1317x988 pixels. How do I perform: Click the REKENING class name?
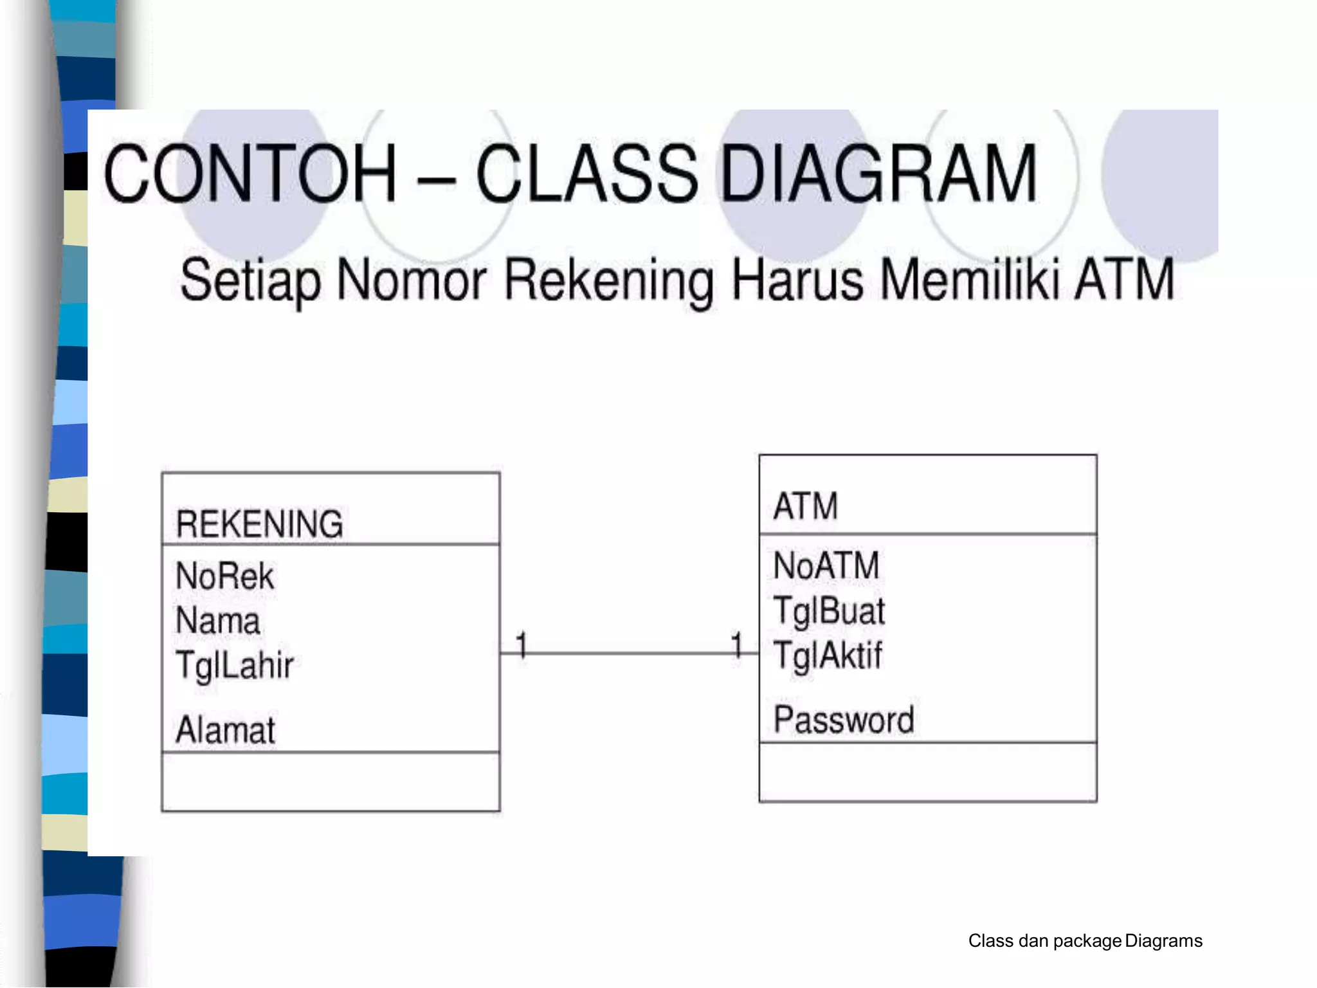click(x=259, y=524)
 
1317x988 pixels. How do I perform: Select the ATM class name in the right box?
click(x=806, y=506)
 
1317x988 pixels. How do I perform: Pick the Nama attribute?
click(x=218, y=621)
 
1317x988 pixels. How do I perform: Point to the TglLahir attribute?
click(x=235, y=665)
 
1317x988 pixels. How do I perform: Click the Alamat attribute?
click(x=225, y=730)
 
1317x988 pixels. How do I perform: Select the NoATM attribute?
click(x=826, y=565)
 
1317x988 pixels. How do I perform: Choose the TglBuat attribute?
click(x=829, y=610)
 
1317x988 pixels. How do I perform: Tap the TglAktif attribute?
click(x=828, y=655)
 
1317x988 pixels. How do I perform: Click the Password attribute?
click(x=844, y=719)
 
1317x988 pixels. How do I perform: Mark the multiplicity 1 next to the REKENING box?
click(x=522, y=645)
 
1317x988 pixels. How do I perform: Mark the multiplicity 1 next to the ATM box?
click(x=737, y=645)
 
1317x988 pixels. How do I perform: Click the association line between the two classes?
click(x=629, y=654)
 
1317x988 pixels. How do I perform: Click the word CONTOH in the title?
click(x=250, y=174)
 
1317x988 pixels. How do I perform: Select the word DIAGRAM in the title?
click(x=878, y=174)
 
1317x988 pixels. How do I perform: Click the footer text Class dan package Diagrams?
click(x=1085, y=941)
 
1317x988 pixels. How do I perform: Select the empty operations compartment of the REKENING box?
click(x=331, y=782)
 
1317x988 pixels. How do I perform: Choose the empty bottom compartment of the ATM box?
click(x=927, y=772)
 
